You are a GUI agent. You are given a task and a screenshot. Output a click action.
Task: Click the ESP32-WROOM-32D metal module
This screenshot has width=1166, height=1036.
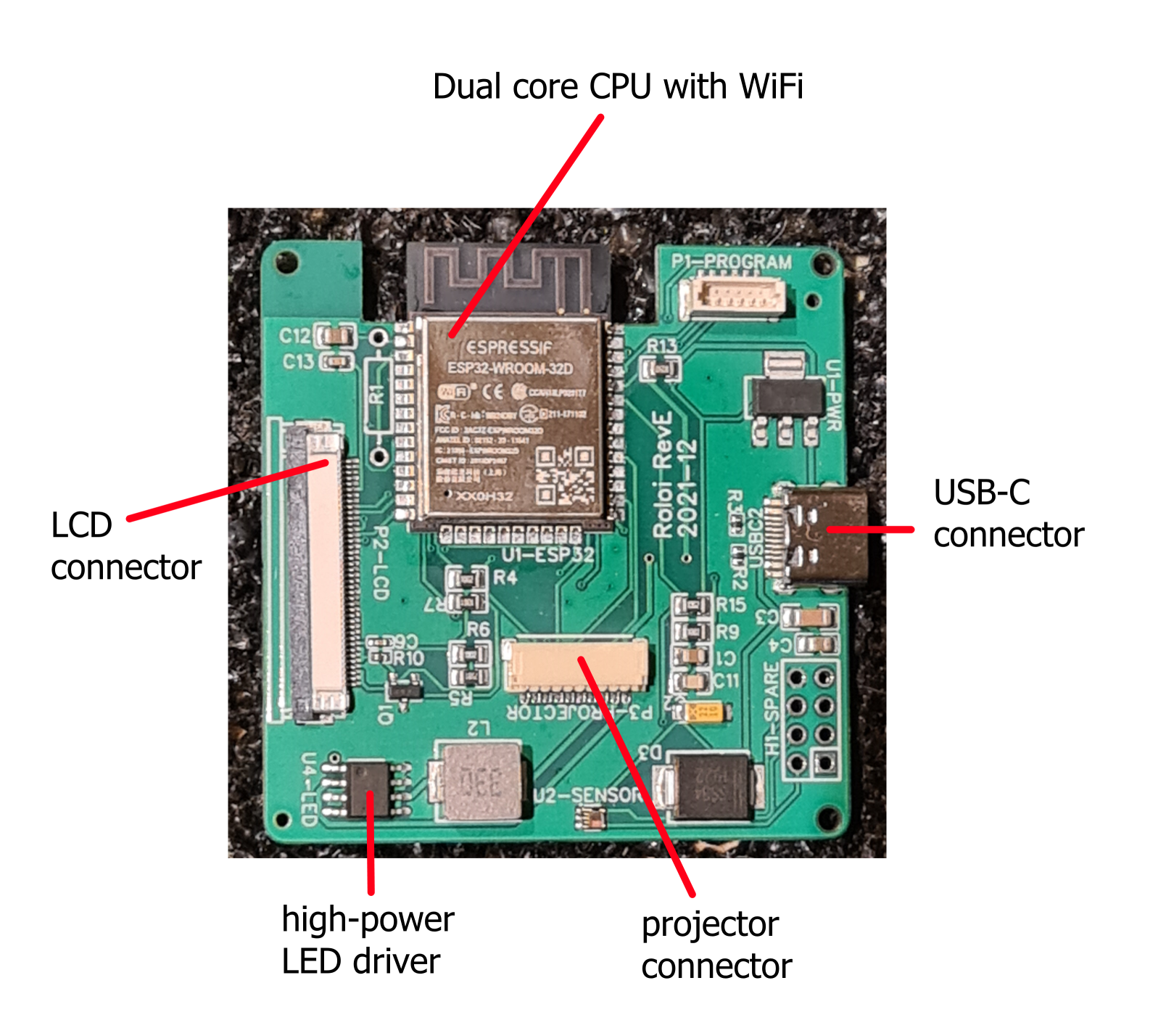[512, 421]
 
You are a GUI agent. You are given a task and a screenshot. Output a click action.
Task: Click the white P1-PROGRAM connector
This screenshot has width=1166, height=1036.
[732, 297]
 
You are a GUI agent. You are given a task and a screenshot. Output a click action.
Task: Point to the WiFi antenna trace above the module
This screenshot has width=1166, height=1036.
[508, 279]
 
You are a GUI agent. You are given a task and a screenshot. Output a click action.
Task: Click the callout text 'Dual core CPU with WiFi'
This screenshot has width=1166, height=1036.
[618, 87]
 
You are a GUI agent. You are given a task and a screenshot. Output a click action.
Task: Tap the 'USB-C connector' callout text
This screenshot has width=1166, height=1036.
[1008, 514]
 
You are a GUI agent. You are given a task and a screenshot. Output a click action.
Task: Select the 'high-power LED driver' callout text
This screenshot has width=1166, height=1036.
[368, 940]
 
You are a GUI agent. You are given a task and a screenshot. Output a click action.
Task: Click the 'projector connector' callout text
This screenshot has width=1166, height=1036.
[716, 945]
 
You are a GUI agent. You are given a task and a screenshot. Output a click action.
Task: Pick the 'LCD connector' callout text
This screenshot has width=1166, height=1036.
[125, 546]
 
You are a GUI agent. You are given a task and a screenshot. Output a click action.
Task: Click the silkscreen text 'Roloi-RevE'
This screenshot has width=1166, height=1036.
[662, 475]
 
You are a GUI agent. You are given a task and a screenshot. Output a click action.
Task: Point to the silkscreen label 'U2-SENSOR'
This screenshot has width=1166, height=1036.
[587, 795]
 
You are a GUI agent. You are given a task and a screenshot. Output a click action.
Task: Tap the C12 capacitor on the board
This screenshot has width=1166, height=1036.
[338, 336]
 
